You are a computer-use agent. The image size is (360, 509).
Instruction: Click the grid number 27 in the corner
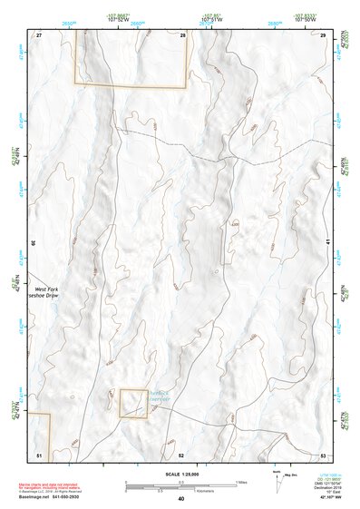coord(40,34)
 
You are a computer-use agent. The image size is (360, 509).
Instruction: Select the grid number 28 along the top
coord(182,34)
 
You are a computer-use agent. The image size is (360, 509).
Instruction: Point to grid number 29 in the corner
coord(322,34)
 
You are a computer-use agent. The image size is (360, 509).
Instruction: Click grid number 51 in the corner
coord(39,454)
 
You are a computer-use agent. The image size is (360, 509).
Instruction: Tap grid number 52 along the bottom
coord(181,454)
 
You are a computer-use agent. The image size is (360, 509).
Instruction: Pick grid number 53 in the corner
coord(323,454)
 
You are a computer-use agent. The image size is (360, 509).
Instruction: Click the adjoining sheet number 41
coord(327,243)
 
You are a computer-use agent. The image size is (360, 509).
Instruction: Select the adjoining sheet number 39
coord(34,243)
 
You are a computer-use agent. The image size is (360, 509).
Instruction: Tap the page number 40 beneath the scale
coord(181,499)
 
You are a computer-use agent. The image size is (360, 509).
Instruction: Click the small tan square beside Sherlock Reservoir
coord(133,404)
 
